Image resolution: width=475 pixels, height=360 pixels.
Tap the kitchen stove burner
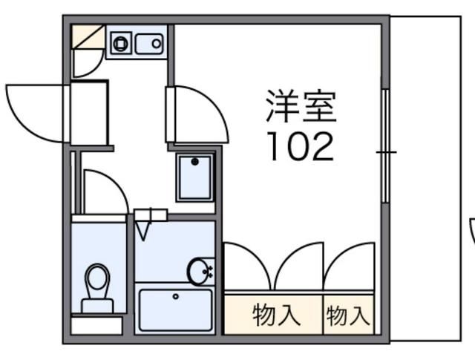(x=119, y=43)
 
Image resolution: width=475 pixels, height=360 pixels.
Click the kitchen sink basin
(x=148, y=43)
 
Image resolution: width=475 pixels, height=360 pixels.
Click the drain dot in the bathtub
(x=176, y=296)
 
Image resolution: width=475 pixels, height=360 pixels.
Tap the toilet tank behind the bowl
(x=97, y=304)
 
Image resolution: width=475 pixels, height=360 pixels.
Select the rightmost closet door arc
(x=349, y=266)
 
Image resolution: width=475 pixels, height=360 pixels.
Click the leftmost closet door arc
(x=247, y=266)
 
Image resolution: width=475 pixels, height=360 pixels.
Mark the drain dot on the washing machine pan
(x=194, y=161)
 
